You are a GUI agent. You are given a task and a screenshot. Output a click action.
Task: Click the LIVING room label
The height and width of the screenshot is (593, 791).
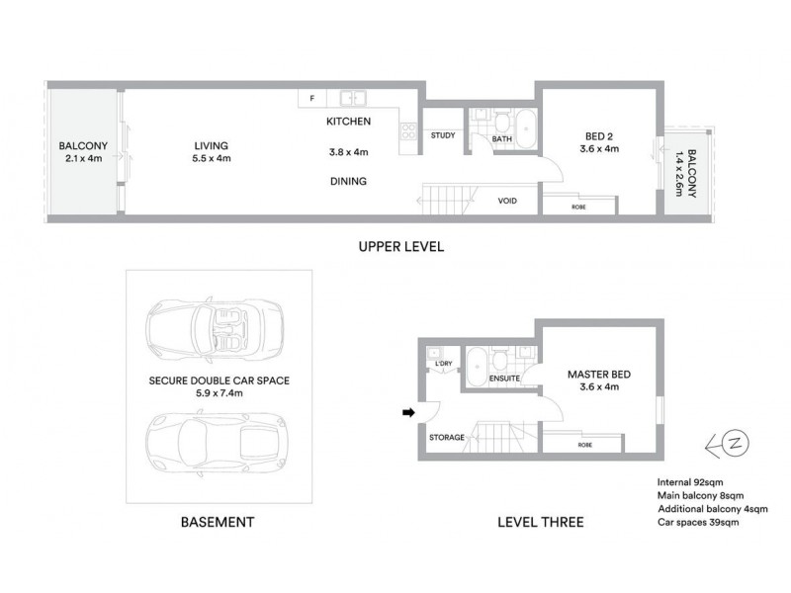[211, 146]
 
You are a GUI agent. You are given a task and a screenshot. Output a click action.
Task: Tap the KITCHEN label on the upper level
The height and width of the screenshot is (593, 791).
[348, 122]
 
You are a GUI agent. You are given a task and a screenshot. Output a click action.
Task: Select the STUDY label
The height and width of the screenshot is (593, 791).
[441, 136]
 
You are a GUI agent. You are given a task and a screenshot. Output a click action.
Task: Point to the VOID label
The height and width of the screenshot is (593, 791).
[507, 201]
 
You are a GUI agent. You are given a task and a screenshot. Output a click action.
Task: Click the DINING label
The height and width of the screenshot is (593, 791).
[348, 181]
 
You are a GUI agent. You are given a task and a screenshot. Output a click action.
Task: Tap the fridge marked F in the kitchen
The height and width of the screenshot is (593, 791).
[311, 99]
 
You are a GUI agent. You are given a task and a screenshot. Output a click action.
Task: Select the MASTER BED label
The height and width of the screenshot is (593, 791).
[598, 376]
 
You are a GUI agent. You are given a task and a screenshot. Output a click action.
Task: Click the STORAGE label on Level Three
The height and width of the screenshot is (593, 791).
[447, 437]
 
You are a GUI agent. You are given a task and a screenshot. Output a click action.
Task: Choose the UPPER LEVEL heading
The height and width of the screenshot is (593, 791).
[400, 247]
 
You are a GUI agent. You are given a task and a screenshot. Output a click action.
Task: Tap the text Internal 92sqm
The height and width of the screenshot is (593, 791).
[692, 483]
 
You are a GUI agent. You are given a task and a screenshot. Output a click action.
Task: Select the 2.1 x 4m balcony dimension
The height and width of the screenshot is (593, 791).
[82, 158]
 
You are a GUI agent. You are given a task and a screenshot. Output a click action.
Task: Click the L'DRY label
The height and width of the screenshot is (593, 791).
[444, 365]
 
